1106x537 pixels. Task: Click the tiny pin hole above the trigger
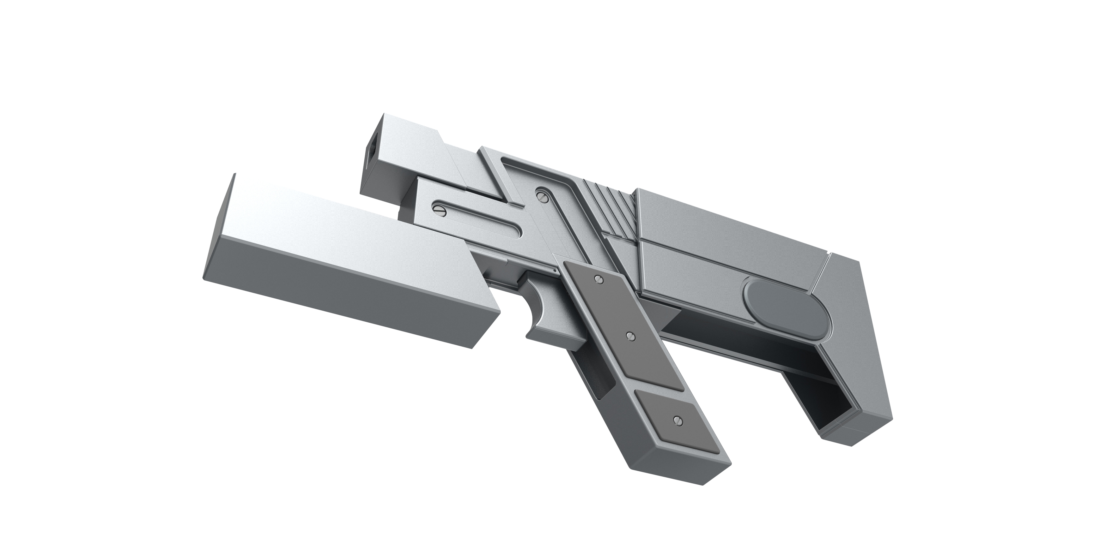tap(556, 271)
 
